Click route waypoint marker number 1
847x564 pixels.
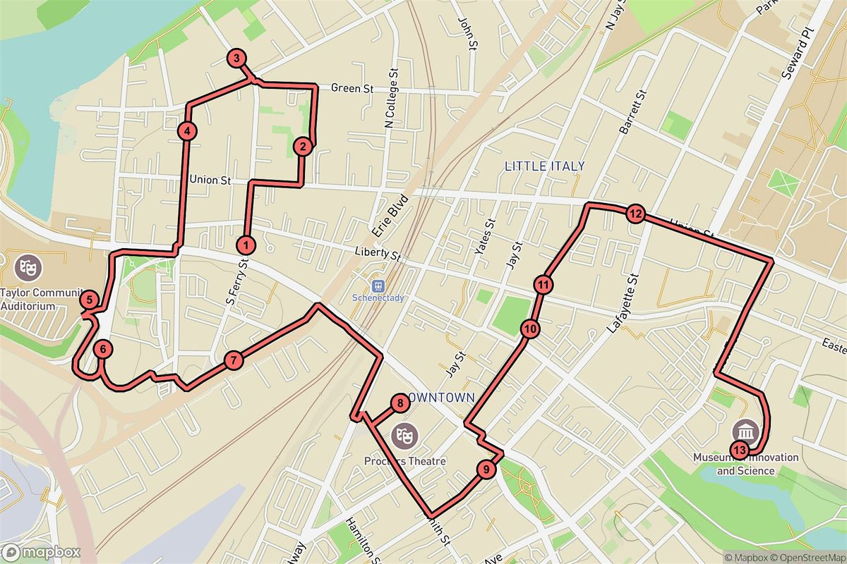[x=246, y=245]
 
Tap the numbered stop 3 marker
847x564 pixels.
[x=236, y=59]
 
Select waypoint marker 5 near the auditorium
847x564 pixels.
[x=88, y=300]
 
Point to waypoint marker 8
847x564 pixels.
[x=400, y=403]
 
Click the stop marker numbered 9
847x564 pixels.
[x=485, y=469]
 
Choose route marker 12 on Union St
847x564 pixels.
[x=635, y=214]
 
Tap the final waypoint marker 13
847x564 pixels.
[x=739, y=450]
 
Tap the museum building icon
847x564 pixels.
[x=746, y=429]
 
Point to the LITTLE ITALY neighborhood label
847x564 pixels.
[x=544, y=166]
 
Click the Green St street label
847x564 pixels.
[x=352, y=89]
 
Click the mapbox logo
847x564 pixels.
[x=41, y=552]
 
